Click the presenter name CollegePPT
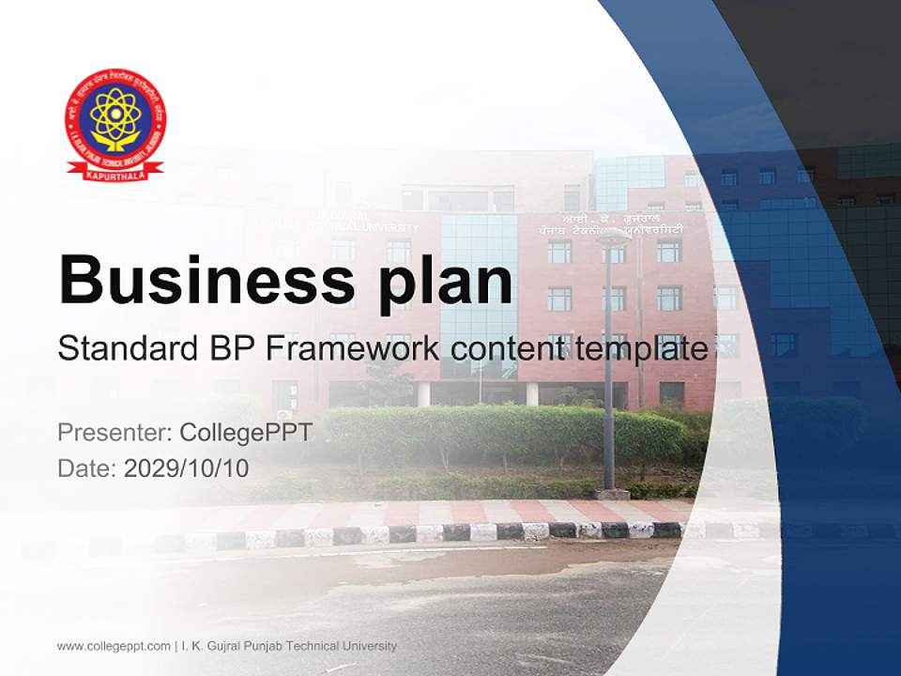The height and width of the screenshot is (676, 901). tap(245, 433)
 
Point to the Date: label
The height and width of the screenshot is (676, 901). tap(87, 468)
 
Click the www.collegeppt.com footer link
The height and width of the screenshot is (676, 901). tap(114, 646)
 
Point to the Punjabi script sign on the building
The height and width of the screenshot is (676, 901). tap(616, 224)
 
